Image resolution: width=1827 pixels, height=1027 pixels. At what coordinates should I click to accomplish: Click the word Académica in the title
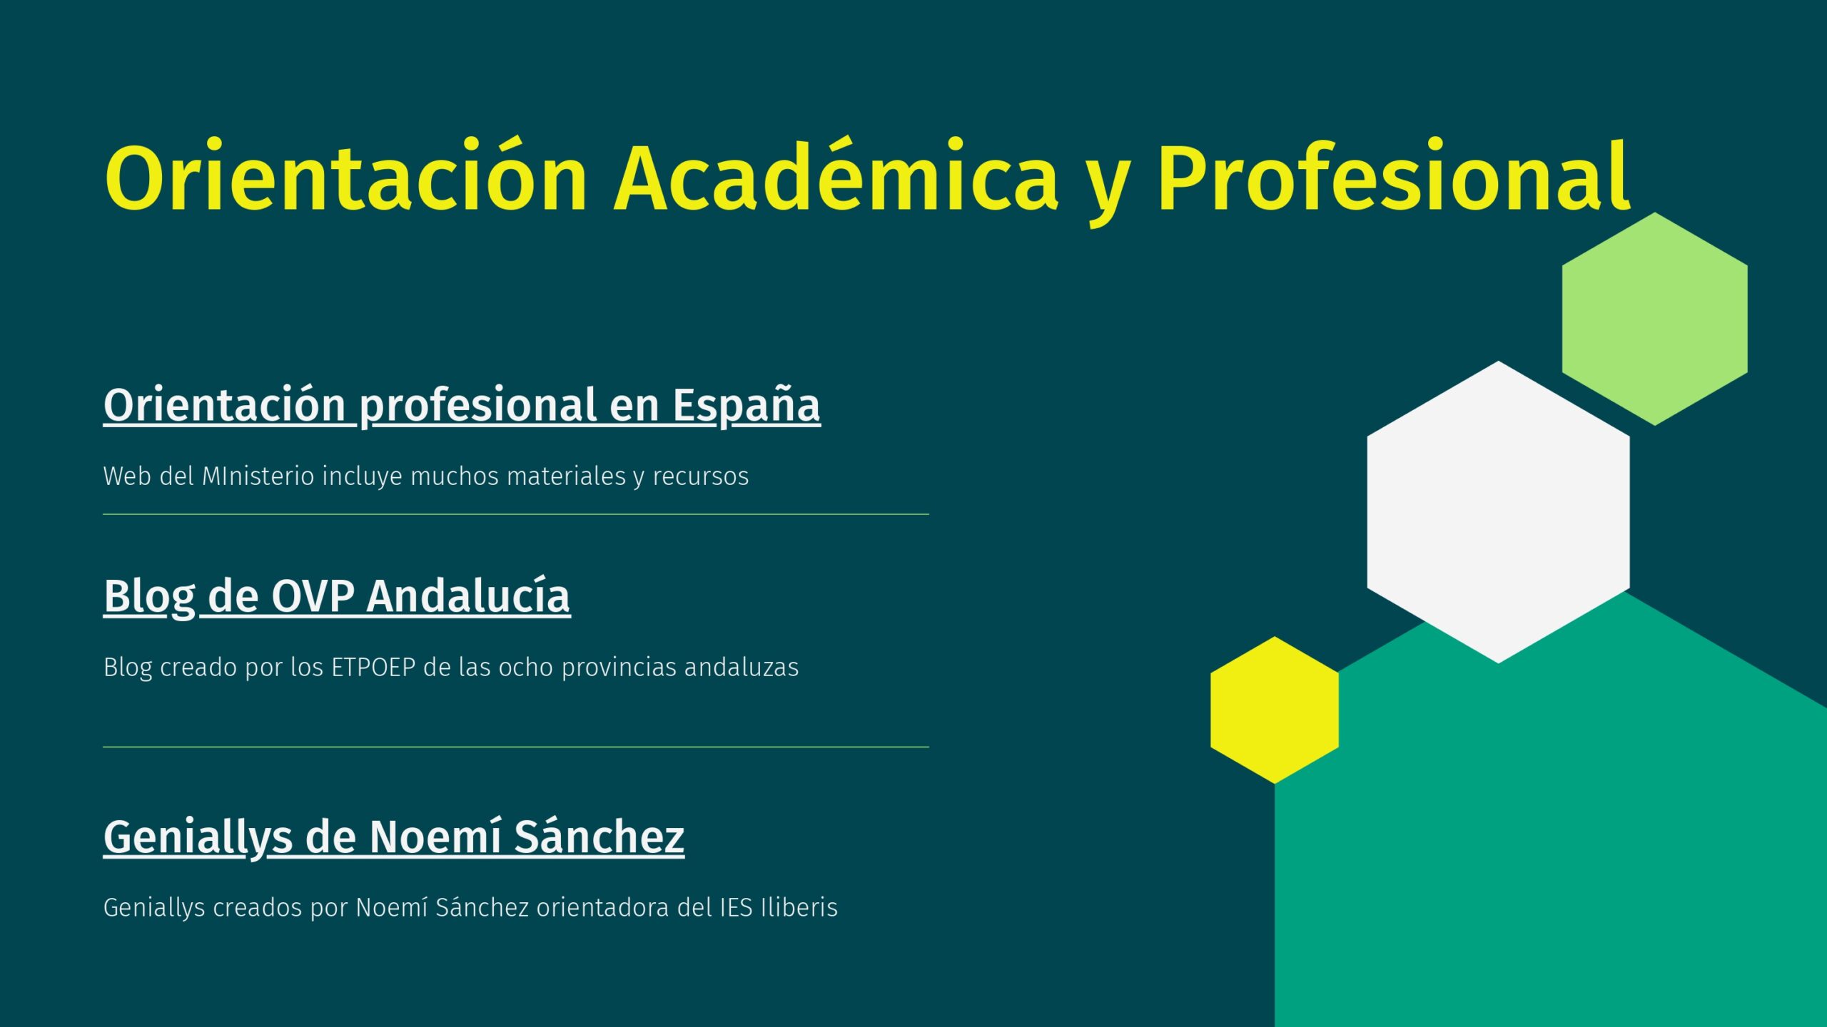click(x=836, y=176)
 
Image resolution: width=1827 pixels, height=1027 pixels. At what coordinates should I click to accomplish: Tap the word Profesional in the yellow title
click(x=1394, y=176)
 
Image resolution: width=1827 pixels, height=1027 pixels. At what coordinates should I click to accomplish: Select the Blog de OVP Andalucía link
click(x=337, y=596)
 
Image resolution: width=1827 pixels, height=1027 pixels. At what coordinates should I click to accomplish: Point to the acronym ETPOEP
click(x=374, y=667)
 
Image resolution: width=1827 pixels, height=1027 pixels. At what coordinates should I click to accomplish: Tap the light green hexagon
click(x=1655, y=319)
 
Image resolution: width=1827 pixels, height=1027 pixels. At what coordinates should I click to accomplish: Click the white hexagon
click(x=1498, y=512)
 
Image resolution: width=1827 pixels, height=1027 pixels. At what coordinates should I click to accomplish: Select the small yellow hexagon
click(x=1275, y=710)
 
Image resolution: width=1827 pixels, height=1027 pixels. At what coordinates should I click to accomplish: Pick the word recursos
click(x=701, y=476)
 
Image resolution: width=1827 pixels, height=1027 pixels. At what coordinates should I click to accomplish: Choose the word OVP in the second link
click(x=313, y=596)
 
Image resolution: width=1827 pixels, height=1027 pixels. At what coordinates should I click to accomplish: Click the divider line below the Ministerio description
click(x=516, y=514)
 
